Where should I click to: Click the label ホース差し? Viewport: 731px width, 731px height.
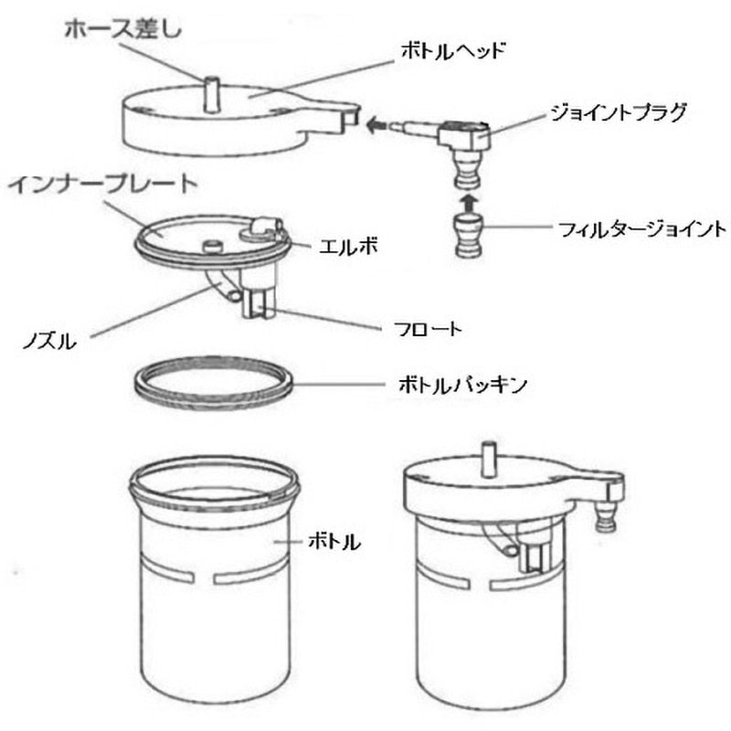(123, 31)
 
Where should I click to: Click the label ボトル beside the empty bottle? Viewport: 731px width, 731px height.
(334, 542)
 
